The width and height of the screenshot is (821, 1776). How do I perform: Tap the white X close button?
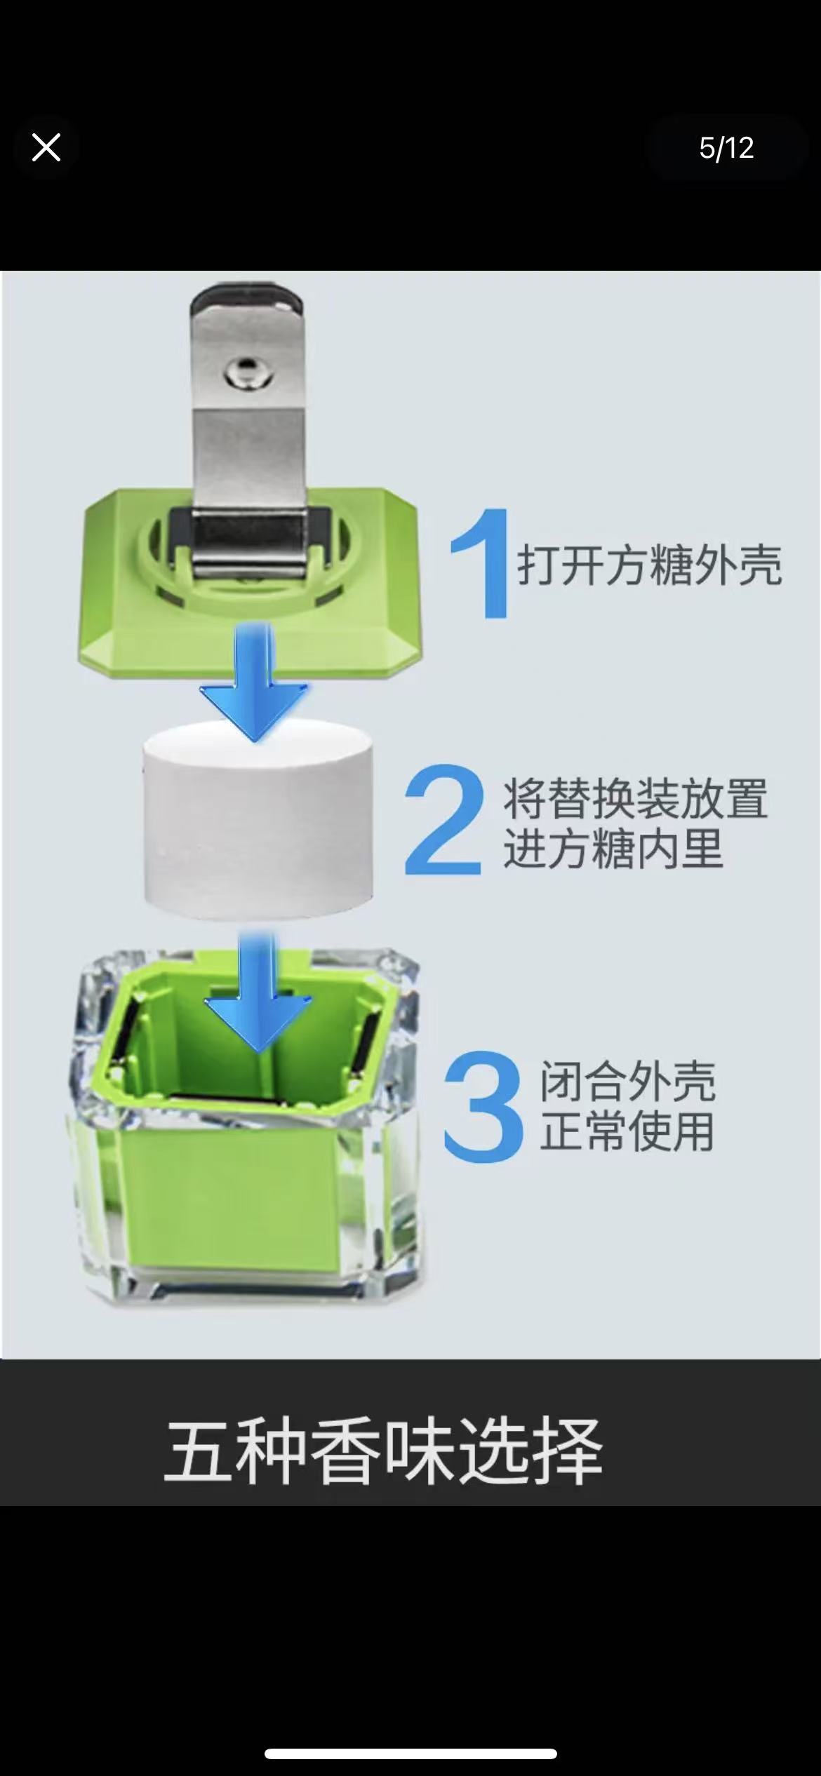[x=46, y=148]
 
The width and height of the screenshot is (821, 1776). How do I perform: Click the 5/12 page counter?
[x=726, y=148]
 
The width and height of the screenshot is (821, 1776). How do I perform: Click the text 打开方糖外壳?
[x=649, y=565]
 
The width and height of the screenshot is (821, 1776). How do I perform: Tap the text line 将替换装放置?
[x=635, y=799]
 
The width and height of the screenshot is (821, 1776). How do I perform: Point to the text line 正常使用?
[x=627, y=1131]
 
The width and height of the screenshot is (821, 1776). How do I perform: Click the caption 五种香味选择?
[x=384, y=1451]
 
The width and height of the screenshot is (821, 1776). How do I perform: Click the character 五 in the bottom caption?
[x=196, y=1451]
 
